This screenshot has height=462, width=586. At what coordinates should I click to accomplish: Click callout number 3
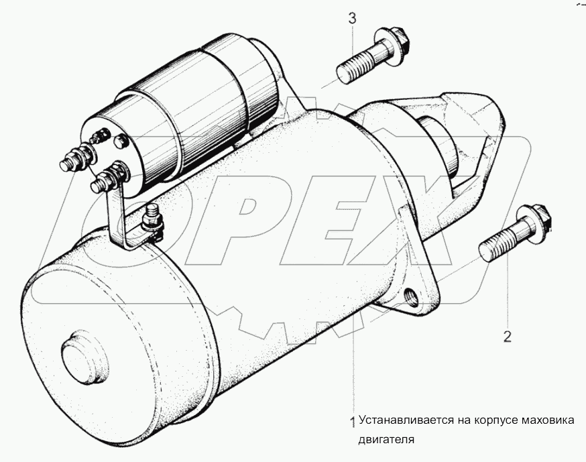pos(353,18)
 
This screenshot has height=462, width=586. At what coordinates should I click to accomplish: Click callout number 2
pos(507,337)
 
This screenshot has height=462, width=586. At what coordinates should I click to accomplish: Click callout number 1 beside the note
pos(352,422)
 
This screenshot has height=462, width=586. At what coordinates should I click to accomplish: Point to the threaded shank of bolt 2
pos(497,243)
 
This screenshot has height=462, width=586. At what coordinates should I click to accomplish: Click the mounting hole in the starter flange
pos(412,295)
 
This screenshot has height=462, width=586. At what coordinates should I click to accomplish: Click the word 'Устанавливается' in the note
pos(406,420)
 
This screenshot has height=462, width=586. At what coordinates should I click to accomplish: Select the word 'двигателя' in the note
pos(386,440)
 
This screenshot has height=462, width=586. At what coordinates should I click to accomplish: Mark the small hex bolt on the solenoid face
pos(119,141)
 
